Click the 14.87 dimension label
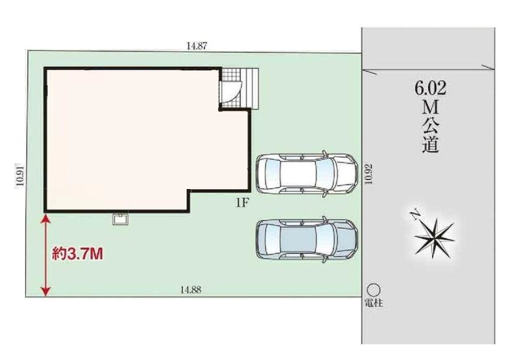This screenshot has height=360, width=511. coord(197,46)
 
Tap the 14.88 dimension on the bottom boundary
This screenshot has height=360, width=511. coord(191,290)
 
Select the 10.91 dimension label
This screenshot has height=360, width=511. coord(20,174)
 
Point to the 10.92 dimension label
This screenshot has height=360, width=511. coord(368,174)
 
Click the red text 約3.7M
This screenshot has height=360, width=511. coord(78,254)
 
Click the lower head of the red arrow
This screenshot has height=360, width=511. coord(46,291)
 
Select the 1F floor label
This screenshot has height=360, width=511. coord(242,203)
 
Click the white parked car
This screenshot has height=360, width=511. coord(307,173)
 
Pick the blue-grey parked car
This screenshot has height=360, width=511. coord(307,239)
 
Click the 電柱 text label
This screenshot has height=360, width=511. coord(374,303)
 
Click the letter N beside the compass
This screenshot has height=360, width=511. coord(415,216)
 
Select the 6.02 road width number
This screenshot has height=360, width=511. coord(430,88)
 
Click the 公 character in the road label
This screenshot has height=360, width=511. coord(430,125)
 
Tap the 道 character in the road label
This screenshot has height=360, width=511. coord(430,145)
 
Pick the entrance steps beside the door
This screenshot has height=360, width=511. coord(251,89)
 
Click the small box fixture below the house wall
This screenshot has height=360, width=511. coord(120,219)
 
